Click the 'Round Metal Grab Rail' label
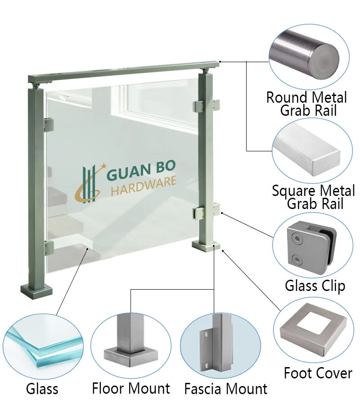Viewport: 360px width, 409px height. coord(307,104)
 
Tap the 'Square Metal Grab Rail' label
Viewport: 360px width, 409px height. coord(313,197)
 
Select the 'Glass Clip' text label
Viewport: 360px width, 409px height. coord(315,286)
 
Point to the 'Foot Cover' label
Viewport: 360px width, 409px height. coord(318,373)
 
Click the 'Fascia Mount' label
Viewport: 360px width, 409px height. coord(226,389)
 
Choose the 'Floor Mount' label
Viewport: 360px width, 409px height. coord(131,388)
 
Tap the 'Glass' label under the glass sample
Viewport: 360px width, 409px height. coord(42,389)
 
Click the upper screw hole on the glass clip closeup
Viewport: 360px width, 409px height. coord(296,238)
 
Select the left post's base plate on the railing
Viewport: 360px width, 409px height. coord(36,291)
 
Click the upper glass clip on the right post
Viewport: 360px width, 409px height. coord(207,105)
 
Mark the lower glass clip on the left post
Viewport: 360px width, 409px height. coord(49,248)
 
